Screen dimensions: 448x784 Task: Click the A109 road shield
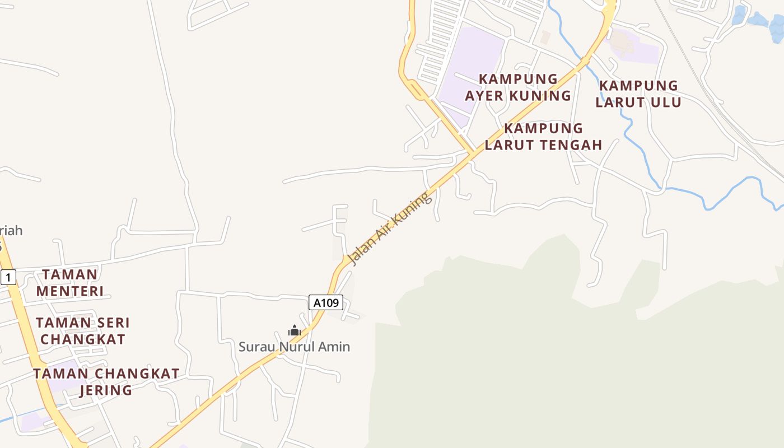(x=326, y=303)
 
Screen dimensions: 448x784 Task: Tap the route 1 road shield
(x=8, y=277)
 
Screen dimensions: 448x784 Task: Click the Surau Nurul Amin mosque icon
(x=295, y=331)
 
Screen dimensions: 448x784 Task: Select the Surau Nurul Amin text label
(x=295, y=347)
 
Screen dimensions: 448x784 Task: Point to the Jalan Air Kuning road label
(x=390, y=228)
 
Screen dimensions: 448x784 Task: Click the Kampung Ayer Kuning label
(x=518, y=87)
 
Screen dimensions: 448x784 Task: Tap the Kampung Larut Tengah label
(x=543, y=137)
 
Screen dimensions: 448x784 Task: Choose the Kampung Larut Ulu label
(x=638, y=94)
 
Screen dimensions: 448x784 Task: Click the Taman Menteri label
(x=70, y=283)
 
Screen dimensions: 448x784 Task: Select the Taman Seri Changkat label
(x=83, y=331)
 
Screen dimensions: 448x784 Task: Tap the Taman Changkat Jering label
(x=106, y=381)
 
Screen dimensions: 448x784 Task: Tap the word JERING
(x=106, y=390)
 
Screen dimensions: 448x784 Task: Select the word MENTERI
(x=70, y=291)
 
